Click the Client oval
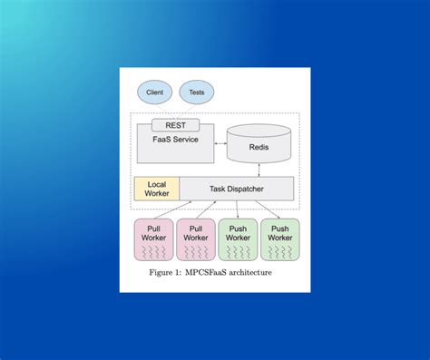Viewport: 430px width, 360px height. coord(154,92)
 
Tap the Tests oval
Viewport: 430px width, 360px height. coord(197,92)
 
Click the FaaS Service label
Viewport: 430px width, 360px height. coord(174,139)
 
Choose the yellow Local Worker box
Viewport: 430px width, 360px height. coord(156,189)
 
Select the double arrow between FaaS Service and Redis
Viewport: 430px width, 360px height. coord(220,143)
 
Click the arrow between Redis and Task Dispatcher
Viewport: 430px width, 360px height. coord(259,170)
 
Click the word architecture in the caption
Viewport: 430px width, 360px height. coord(251,272)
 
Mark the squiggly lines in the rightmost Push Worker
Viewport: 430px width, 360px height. coord(280,251)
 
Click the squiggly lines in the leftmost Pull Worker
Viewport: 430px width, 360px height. coord(154,251)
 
